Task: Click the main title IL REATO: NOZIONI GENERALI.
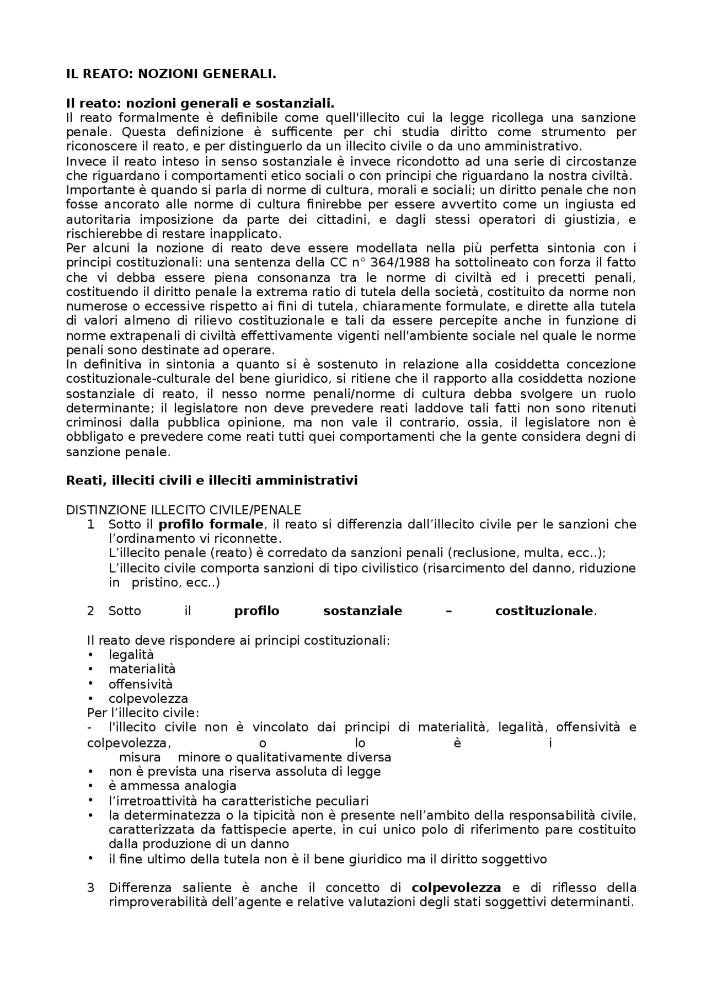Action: tap(171, 74)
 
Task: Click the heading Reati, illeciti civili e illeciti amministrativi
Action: tap(212, 480)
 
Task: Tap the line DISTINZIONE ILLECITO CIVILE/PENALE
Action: tap(184, 510)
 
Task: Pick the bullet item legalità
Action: tap(131, 655)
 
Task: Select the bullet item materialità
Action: tap(142, 669)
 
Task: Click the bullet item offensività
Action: tap(141, 684)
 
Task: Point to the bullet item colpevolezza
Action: tap(148, 699)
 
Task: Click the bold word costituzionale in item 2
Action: tap(544, 611)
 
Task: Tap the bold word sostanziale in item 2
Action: tap(362, 611)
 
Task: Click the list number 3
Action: tap(91, 888)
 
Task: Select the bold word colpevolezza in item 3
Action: tap(456, 888)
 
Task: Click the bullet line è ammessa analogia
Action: tap(172, 786)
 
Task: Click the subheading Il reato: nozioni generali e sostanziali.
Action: tap(200, 103)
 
